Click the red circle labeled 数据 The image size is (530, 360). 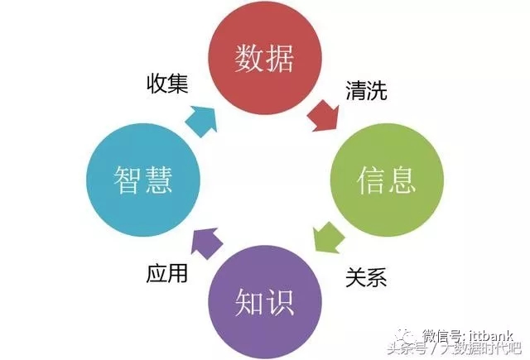point(265,57)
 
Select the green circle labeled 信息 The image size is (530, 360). point(387,180)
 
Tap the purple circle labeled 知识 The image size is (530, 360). point(265,301)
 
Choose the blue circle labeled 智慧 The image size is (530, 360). point(143,180)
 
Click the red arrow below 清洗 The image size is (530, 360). point(324,116)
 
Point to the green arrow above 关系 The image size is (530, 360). point(328,238)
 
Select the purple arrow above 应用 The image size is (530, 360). point(206,242)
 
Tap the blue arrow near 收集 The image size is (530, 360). point(202,121)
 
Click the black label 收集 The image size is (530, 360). point(167,84)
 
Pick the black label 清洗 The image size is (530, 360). point(366,90)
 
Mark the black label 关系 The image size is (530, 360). point(366,277)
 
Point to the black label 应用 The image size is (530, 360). point(167,273)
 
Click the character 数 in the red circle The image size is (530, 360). point(248,58)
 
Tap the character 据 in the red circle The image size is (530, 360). point(280,58)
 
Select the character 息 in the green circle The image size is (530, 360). point(401,180)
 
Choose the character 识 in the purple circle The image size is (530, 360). point(280,302)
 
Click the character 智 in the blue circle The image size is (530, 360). point(127,180)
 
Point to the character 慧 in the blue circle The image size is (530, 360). point(158,180)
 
